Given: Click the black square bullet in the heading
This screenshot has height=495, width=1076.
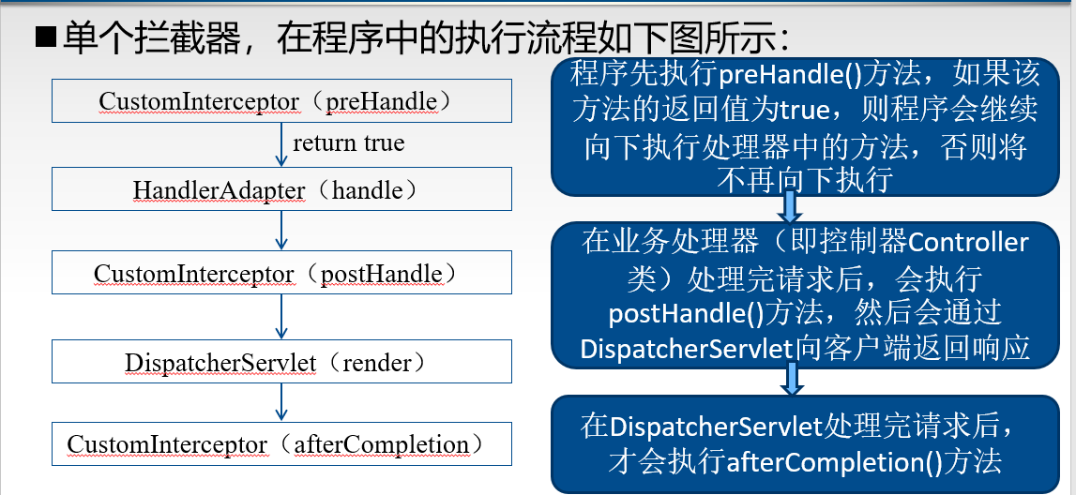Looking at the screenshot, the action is tap(45, 39).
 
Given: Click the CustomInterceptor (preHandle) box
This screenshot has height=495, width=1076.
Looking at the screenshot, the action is tap(281, 101).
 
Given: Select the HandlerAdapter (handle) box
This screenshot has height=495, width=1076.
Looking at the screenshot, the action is tap(281, 188).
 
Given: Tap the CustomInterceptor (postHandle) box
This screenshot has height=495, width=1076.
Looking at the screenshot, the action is tap(281, 273).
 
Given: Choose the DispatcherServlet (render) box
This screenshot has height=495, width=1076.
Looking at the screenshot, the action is tap(281, 361).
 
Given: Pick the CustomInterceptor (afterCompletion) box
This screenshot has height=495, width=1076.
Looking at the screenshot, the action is tap(281, 443).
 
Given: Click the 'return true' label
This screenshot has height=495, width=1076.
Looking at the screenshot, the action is tap(349, 142).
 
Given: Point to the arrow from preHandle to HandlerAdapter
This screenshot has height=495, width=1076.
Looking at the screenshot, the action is tap(280, 144).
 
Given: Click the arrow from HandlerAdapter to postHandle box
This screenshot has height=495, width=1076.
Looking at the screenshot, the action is tap(280, 231).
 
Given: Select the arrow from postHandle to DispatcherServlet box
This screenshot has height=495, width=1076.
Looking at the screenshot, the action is tap(280, 318).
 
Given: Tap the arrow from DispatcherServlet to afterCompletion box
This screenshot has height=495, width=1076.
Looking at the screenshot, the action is tap(280, 402).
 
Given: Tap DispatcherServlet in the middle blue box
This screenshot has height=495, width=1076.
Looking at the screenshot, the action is tap(687, 349).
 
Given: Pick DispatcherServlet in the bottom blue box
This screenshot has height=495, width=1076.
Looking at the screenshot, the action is tap(716, 427).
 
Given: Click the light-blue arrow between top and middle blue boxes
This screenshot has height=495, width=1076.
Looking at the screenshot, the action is tap(790, 206).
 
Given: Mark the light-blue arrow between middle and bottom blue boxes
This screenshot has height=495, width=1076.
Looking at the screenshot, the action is tap(792, 379).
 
